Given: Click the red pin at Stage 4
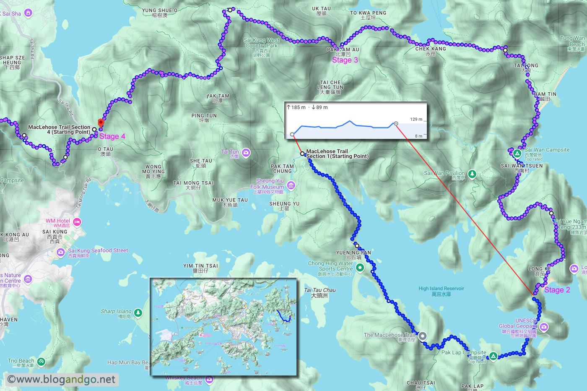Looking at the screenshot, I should [101, 123].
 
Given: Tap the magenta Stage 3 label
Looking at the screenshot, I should [345, 60].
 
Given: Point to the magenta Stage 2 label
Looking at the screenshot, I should [557, 290].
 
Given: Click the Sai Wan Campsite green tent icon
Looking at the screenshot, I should [517, 153].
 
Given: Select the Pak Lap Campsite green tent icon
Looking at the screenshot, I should [493, 356].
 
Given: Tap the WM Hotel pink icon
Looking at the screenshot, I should [77, 222].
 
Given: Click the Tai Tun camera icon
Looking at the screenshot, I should [246, 153].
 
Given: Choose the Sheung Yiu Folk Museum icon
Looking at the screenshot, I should [291, 185].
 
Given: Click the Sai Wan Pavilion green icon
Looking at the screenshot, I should [472, 174].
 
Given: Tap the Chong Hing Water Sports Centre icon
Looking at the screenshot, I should [360, 268].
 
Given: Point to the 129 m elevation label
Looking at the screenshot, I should [416, 120].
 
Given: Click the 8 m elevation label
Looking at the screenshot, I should [418, 136].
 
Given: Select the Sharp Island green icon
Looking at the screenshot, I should [138, 313].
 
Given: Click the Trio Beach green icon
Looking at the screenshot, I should [41, 361].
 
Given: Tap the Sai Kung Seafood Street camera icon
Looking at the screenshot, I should [61, 252].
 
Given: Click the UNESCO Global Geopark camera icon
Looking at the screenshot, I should [544, 327].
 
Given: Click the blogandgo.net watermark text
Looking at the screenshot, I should [61, 380].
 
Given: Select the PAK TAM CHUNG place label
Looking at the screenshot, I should [282, 169].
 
